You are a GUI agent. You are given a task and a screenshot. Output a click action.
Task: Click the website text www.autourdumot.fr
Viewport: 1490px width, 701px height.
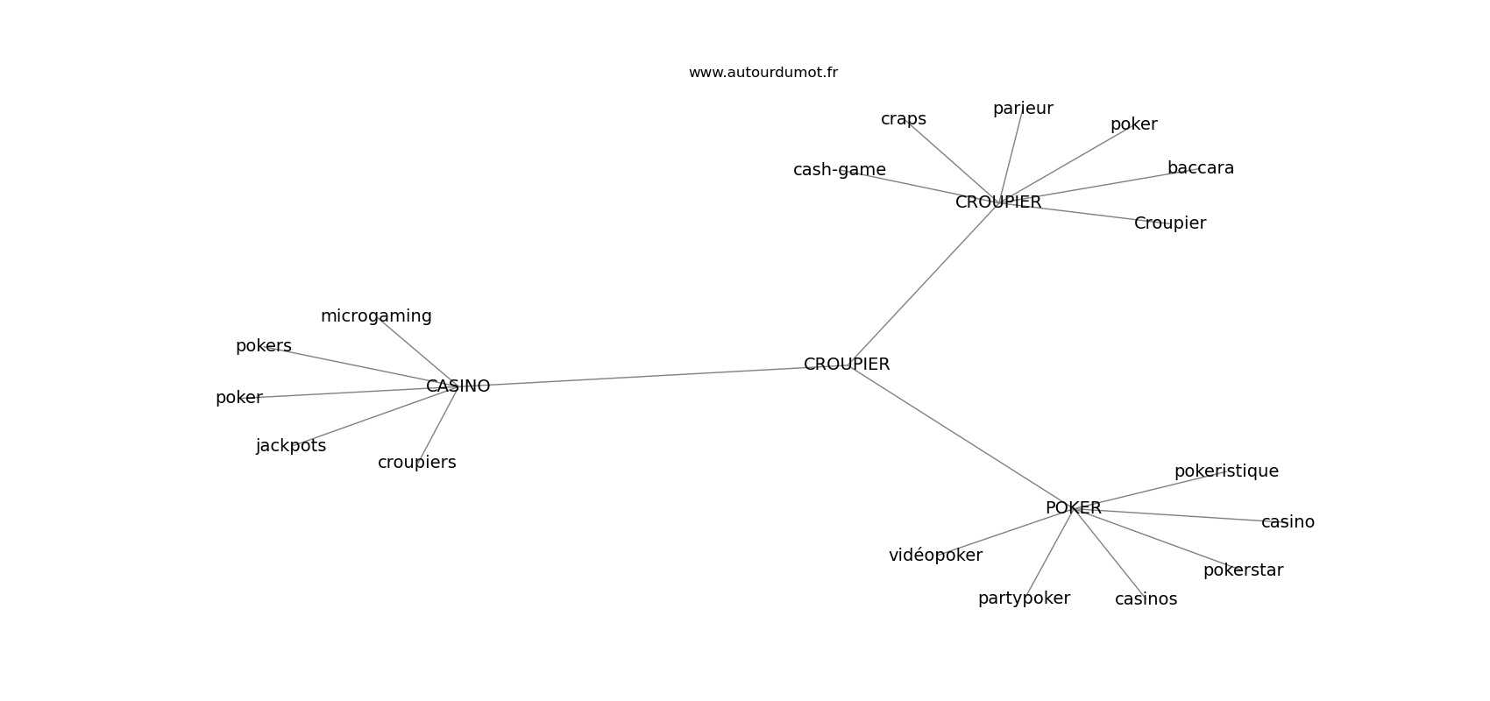[x=763, y=73]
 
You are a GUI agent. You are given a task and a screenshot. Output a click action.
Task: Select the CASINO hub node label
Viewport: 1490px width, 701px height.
[x=458, y=386]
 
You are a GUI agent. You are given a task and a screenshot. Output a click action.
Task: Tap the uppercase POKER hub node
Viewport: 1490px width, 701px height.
[x=1073, y=507]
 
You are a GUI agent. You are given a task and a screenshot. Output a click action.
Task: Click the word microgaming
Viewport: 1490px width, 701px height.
[x=376, y=316]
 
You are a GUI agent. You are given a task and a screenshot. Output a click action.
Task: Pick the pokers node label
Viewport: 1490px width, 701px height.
[x=264, y=346]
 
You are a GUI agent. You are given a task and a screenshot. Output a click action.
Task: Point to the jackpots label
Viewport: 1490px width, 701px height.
[x=291, y=446]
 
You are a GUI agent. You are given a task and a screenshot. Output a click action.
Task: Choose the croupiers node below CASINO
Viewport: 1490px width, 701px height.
[x=416, y=463]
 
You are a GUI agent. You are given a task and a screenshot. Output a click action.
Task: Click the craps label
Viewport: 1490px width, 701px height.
[x=904, y=119]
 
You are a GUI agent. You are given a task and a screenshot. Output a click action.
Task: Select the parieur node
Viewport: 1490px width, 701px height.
[x=1022, y=109]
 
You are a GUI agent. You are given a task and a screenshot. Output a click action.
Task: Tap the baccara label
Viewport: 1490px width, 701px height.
[x=1200, y=167]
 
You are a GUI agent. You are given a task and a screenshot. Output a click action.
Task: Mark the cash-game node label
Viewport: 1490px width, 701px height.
[x=839, y=170]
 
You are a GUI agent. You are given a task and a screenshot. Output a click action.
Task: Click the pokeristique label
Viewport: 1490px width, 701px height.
[x=1226, y=471]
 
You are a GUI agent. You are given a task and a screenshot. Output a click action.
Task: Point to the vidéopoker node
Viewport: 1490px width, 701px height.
[x=935, y=555]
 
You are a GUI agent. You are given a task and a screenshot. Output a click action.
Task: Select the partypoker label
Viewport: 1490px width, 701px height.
[x=1024, y=598]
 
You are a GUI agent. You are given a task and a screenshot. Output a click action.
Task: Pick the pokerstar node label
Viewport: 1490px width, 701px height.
[x=1243, y=570]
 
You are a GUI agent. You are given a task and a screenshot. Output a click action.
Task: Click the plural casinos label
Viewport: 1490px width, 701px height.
[x=1146, y=598]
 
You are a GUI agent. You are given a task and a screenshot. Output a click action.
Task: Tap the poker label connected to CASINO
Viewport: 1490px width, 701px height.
[x=238, y=398]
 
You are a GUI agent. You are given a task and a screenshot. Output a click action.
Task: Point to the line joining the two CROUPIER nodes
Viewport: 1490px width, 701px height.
[x=923, y=283]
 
